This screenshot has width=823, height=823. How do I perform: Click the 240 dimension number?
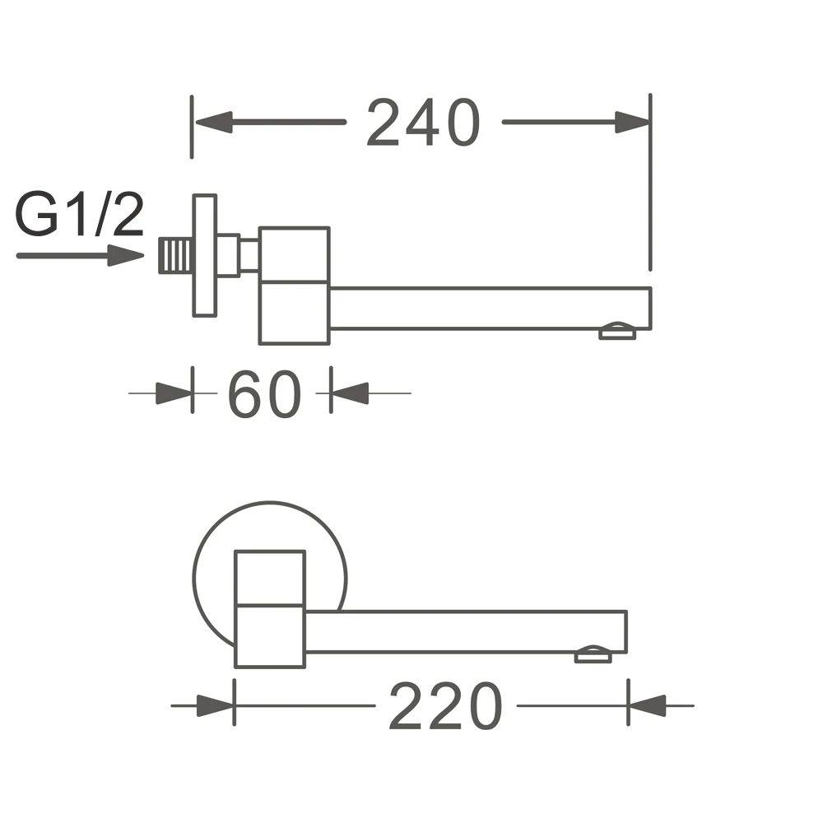point(423,122)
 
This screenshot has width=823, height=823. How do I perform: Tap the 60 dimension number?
point(264,393)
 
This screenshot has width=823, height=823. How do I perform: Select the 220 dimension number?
point(445,706)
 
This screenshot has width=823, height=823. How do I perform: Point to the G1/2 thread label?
point(79,214)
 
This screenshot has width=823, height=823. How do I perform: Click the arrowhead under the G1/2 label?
point(125,256)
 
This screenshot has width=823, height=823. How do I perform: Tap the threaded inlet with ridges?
point(175,256)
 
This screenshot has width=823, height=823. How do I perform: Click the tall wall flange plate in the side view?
point(205,256)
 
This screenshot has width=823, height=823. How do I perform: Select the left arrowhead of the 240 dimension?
point(214,122)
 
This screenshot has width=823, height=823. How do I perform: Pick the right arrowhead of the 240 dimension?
point(632,122)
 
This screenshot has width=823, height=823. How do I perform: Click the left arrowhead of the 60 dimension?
point(174,393)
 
